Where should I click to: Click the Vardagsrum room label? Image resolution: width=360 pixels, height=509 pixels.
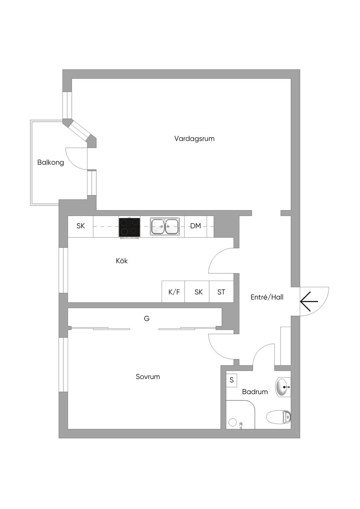(194, 139)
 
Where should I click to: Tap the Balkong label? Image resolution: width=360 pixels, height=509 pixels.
(51, 163)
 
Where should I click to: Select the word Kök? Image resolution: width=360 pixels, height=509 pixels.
(122, 261)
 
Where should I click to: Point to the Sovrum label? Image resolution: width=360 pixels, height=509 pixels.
(148, 377)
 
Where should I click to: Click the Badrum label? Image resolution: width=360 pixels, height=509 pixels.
(255, 392)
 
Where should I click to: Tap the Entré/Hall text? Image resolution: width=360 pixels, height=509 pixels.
(267, 297)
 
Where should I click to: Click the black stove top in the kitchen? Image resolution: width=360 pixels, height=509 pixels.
(129, 227)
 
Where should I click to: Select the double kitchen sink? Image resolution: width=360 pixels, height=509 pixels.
(165, 226)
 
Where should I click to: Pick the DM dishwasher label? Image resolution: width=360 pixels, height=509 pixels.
(195, 226)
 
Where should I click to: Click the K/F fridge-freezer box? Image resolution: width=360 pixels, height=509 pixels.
(173, 292)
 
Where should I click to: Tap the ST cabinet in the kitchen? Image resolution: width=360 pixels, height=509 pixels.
(221, 292)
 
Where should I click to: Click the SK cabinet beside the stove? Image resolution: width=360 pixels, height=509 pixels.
(81, 227)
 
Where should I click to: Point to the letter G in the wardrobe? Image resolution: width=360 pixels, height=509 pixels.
(147, 319)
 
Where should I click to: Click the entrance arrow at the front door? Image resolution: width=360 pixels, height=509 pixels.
(309, 301)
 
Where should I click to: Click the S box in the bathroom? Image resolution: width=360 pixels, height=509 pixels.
(232, 380)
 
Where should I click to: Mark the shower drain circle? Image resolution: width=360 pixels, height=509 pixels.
(233, 422)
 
